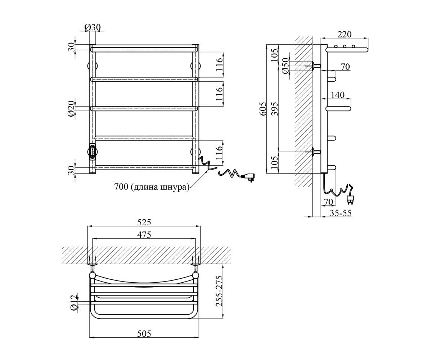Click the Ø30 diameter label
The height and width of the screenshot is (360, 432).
pos(93,27)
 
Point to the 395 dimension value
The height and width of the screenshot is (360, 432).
pos(275,109)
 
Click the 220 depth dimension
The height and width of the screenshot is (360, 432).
pos(345,34)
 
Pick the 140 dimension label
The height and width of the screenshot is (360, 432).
pos(337,95)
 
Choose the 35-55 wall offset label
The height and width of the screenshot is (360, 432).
pos(341,213)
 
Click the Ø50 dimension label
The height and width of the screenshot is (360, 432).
pos(285,66)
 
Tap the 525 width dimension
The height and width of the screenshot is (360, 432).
pos(144,222)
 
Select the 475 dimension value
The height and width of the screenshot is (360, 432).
pos(144,235)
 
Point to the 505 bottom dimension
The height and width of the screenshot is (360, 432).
pos(144,334)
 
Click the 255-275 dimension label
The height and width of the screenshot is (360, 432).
pos(219,294)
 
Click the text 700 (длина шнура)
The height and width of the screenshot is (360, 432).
pos(152,187)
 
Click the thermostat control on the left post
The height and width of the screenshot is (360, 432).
pos(93,152)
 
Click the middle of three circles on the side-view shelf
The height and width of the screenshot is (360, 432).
pos(345,46)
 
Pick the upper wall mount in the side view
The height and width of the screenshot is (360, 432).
pos(316,66)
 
